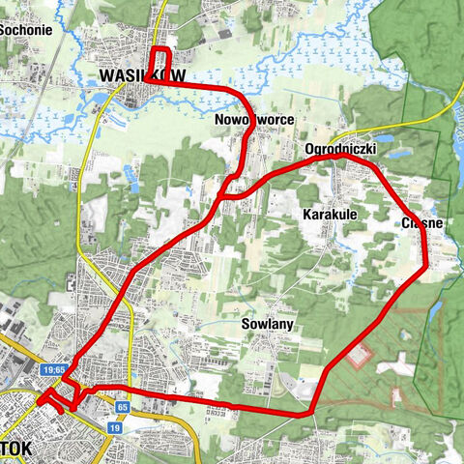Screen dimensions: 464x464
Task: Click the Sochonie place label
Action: click(26, 29)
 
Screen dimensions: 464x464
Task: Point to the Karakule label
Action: click(331, 213)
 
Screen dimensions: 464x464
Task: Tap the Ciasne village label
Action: click(421, 223)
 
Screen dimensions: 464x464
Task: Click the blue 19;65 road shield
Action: click(53, 369)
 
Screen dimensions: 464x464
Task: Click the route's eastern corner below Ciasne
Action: click(423, 266)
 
